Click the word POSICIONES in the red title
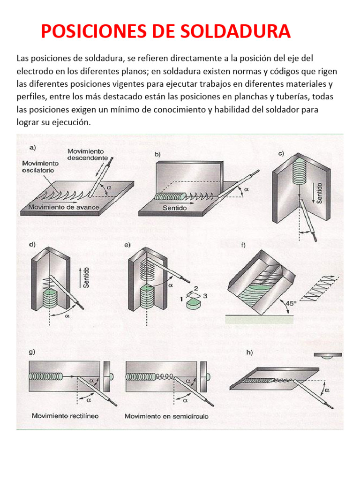[x=95, y=31]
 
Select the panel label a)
[x=33, y=148]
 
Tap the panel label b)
[x=158, y=154]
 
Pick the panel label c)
[x=281, y=153]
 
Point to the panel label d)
[x=32, y=245]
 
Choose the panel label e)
[x=127, y=245]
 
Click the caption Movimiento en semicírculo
[x=166, y=416]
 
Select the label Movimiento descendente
[x=87, y=154]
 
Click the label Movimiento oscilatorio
[x=40, y=167]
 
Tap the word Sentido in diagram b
[x=174, y=207]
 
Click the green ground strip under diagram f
[x=259, y=319]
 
